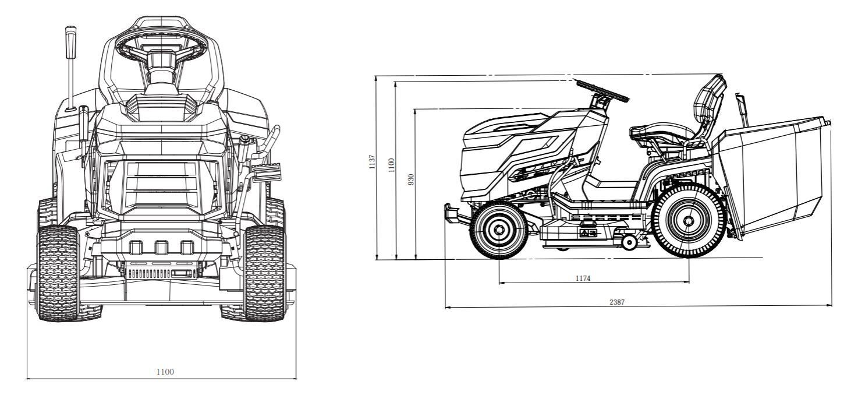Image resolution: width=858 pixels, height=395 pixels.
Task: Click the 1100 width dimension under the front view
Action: [x=165, y=371]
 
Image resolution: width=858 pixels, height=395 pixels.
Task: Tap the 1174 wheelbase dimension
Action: [x=583, y=278]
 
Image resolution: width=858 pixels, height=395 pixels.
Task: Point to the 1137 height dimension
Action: [x=372, y=161]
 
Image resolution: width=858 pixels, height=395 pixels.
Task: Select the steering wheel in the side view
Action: [x=602, y=91]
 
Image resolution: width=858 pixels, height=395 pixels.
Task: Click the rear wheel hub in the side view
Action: [x=689, y=221]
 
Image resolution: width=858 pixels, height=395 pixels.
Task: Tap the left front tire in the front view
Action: [x=58, y=273]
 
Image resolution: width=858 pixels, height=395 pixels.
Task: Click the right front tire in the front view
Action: [x=265, y=273]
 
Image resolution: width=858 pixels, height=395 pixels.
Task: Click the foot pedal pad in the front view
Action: [x=269, y=173]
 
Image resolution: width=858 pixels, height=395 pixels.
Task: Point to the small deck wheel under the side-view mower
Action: [x=629, y=243]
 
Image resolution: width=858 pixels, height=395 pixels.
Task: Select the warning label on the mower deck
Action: [x=587, y=233]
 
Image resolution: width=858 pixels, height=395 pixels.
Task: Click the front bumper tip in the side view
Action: [x=449, y=211]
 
